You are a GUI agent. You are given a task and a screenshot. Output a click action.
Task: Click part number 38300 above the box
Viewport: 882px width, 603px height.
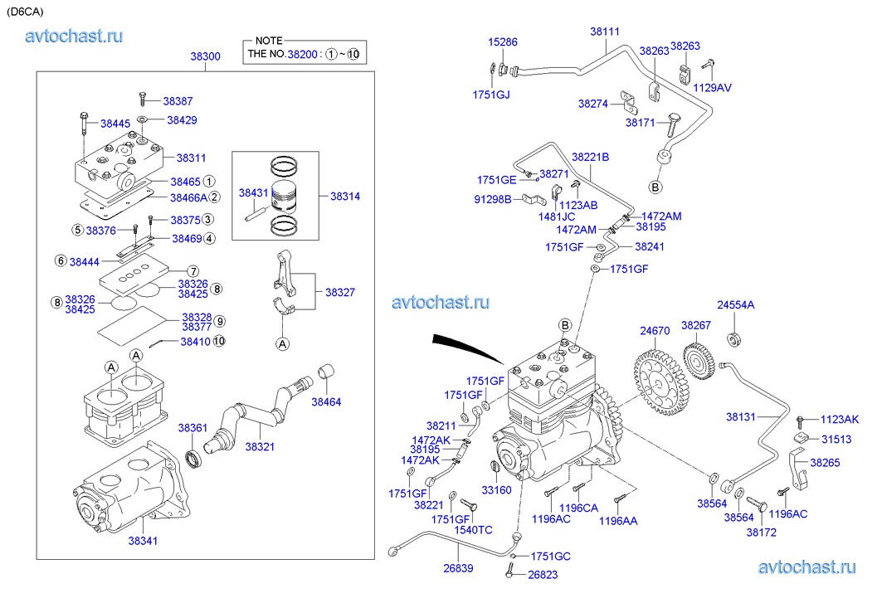tap(205, 56)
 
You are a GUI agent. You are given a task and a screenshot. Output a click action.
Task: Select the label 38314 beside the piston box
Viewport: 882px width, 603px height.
tap(345, 197)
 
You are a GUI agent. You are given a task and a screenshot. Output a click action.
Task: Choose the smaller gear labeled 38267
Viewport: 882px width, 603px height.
tap(698, 358)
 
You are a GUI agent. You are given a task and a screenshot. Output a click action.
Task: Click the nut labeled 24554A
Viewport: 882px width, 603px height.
tap(733, 340)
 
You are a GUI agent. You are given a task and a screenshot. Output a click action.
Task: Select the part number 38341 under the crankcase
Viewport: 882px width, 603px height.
tap(143, 541)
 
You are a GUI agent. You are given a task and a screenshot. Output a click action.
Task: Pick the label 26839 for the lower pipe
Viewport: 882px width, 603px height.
tap(458, 568)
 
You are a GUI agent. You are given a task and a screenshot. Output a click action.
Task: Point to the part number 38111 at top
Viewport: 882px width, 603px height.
tap(605, 32)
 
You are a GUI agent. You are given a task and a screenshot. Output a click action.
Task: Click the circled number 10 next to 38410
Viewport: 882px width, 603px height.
tap(219, 341)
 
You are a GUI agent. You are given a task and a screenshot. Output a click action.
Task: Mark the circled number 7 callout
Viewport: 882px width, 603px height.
tap(193, 271)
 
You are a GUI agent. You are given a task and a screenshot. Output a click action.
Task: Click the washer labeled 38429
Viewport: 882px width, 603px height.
tap(142, 119)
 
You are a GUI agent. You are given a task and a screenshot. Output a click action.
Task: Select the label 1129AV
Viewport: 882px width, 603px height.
tap(712, 88)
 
